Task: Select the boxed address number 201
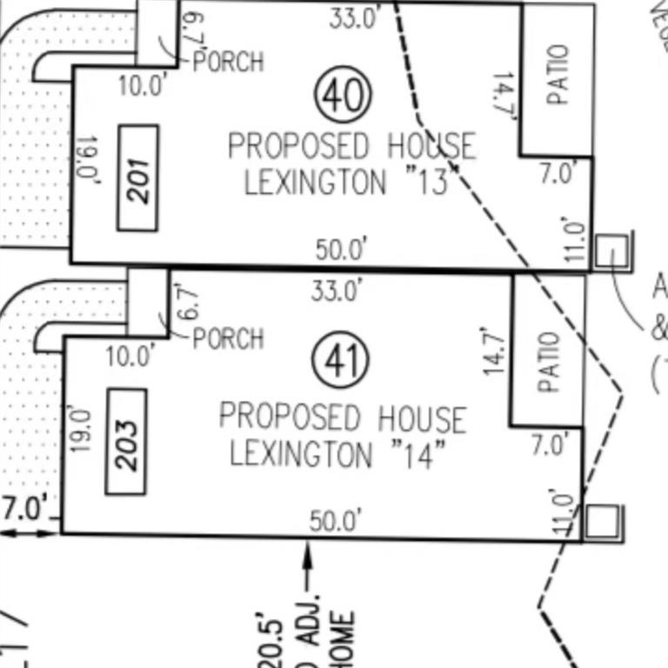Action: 137,177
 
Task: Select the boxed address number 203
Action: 126,442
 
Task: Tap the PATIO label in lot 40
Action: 558,75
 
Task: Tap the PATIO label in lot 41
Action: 548,362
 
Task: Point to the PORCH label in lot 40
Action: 228,62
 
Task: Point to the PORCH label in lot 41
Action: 228,337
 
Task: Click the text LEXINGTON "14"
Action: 343,454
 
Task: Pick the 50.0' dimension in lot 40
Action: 341,250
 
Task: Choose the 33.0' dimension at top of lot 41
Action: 336,291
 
